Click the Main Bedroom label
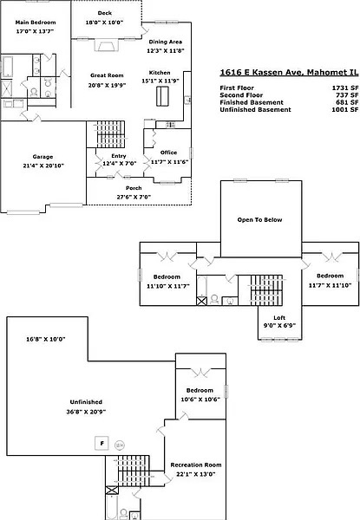click(x=36, y=23)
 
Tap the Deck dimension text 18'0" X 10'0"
click(x=104, y=23)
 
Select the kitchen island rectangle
click(x=162, y=96)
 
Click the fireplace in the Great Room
click(x=106, y=45)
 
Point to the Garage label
click(x=43, y=157)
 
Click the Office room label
click(x=168, y=153)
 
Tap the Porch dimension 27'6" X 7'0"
click(x=134, y=197)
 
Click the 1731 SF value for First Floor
click(x=345, y=88)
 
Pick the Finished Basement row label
click(x=252, y=102)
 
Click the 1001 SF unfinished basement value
click(x=345, y=110)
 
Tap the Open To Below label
click(x=259, y=220)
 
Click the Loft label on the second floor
click(x=279, y=318)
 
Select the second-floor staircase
click(x=266, y=290)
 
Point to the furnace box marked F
click(x=101, y=443)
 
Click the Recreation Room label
click(x=196, y=465)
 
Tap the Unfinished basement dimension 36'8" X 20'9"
click(x=86, y=412)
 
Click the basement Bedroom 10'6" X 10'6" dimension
click(x=200, y=400)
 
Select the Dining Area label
click(x=165, y=42)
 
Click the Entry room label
click(x=119, y=156)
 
